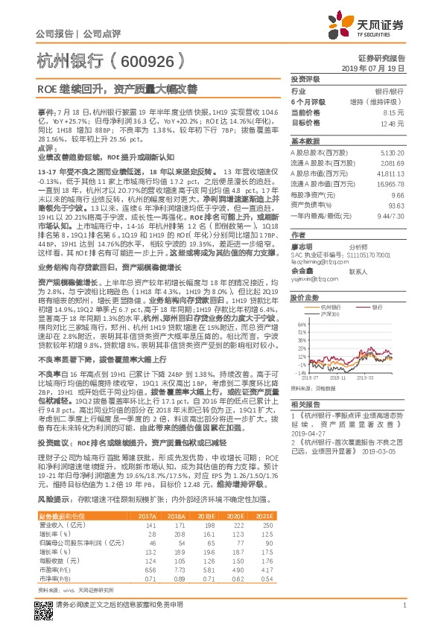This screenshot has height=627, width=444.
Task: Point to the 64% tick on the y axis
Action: [x=300, y=325]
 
